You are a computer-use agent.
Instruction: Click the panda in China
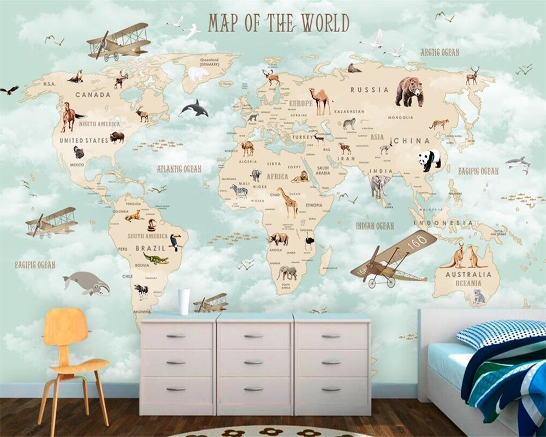click(x=430, y=160)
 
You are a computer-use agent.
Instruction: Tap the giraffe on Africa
click(x=287, y=202)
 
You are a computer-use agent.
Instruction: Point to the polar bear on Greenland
click(x=198, y=74)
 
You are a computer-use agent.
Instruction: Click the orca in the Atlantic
click(x=194, y=109)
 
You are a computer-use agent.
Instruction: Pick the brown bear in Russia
click(x=410, y=91)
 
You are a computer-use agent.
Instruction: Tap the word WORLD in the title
click(x=324, y=23)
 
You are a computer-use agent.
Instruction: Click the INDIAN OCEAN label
click(x=375, y=226)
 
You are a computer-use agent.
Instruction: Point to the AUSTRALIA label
click(x=465, y=275)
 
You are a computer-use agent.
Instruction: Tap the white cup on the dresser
click(x=184, y=302)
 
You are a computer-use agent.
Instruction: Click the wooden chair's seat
click(x=76, y=364)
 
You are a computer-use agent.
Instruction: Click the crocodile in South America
click(x=156, y=258)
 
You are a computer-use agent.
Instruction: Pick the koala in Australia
click(x=479, y=296)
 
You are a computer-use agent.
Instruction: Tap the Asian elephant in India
click(x=380, y=186)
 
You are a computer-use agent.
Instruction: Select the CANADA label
click(x=92, y=95)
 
